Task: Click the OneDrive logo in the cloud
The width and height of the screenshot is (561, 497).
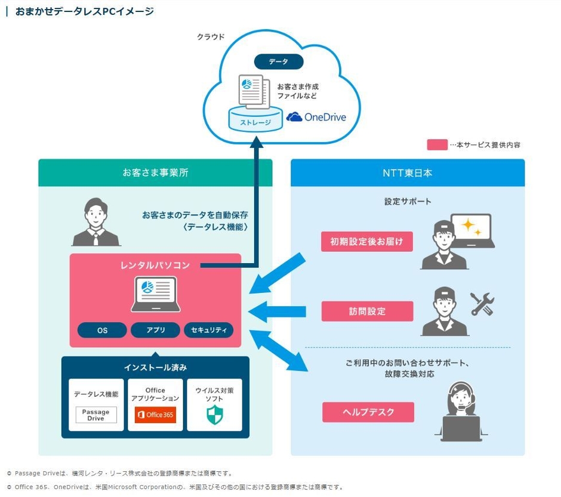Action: click(x=316, y=117)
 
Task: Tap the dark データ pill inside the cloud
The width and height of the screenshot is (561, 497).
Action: click(x=279, y=61)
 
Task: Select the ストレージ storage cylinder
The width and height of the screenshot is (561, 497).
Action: click(x=255, y=119)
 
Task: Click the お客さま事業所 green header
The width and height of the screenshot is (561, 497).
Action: click(x=155, y=173)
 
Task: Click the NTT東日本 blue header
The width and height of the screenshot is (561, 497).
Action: click(x=408, y=173)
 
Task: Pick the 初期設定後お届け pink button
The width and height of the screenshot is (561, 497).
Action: click(x=367, y=242)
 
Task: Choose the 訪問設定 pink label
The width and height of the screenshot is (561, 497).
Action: click(x=367, y=311)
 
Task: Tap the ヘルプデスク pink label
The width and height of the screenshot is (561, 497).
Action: click(x=368, y=412)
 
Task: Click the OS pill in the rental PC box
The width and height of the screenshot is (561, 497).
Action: click(x=102, y=330)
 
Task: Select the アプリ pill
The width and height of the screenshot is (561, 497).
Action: click(x=155, y=330)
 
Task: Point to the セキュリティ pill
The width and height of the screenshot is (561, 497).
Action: click(x=208, y=330)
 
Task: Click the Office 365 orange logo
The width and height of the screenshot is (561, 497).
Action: click(x=155, y=415)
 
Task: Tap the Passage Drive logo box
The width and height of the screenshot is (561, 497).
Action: click(x=96, y=415)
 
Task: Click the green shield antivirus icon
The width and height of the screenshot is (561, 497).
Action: click(x=214, y=415)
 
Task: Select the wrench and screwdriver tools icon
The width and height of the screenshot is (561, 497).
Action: click(x=482, y=304)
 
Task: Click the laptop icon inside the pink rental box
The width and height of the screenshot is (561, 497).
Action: click(x=155, y=295)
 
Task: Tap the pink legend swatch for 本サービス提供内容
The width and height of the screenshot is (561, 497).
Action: click(x=437, y=144)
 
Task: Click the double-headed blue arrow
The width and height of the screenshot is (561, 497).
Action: click(x=279, y=352)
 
